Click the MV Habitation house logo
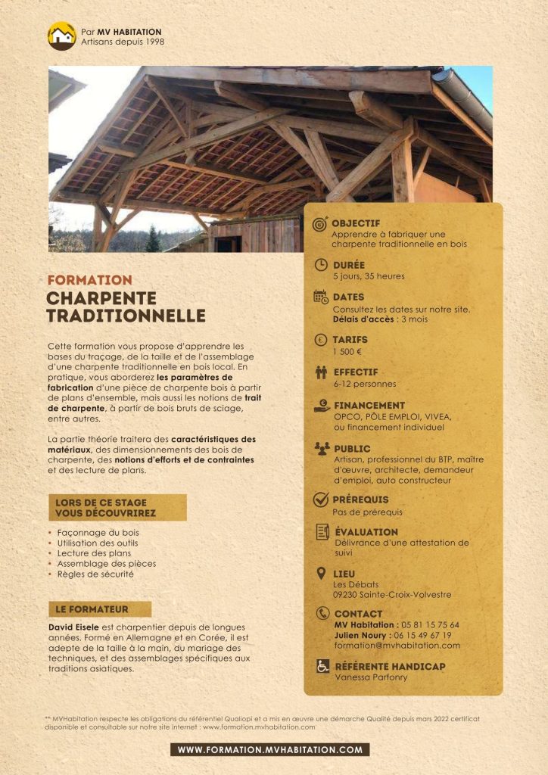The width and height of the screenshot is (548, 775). click(x=62, y=36)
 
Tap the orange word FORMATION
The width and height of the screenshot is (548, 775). click(x=89, y=280)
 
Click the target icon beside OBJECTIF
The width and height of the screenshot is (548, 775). click(x=320, y=224)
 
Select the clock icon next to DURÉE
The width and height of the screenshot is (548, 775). click(x=321, y=265)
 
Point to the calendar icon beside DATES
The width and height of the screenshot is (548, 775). click(x=321, y=297)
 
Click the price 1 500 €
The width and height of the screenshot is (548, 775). click(x=347, y=351)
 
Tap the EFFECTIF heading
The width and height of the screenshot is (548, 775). click(x=356, y=372)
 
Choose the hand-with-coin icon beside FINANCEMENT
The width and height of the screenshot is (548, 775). click(x=322, y=406)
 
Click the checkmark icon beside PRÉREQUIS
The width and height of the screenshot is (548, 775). click(x=321, y=500)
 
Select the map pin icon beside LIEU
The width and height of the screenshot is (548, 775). click(x=321, y=574)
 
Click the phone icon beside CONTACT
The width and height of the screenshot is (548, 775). click(x=322, y=614)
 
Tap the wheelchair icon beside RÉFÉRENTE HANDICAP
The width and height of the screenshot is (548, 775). click(x=322, y=667)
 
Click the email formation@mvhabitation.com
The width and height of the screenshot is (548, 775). click(x=397, y=646)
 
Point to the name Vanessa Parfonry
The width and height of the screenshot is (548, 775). click(x=371, y=677)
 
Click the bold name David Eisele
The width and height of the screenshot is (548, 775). click(x=73, y=627)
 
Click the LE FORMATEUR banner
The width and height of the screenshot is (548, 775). click(x=99, y=609)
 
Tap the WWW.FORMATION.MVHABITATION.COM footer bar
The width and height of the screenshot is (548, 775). click(x=269, y=750)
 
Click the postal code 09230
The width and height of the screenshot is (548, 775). click(x=347, y=595)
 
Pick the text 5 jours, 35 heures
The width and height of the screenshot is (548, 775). click(x=369, y=276)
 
